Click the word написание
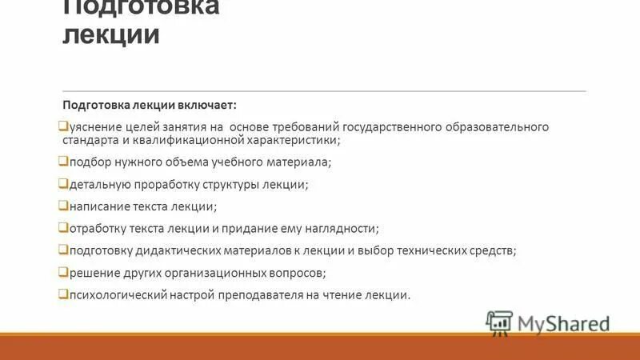[x=98, y=206]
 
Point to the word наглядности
[x=345, y=228]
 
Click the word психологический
[x=117, y=294]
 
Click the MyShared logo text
[x=563, y=323]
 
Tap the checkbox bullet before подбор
[x=64, y=162]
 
